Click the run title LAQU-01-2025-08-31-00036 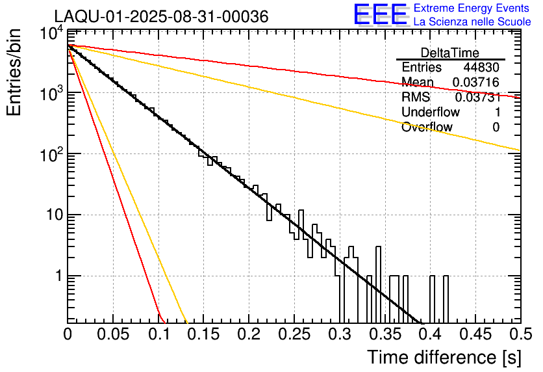pyautogui.click(x=161, y=17)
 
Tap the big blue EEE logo pyautogui.click(x=380, y=15)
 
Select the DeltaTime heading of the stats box pyautogui.click(x=450, y=53)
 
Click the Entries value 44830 pyautogui.click(x=481, y=68)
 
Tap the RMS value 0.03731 pyautogui.click(x=477, y=98)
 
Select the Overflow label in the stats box pyautogui.click(x=427, y=127)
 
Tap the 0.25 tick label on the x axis pyautogui.click(x=294, y=335)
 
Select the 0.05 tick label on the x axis pyautogui.click(x=113, y=335)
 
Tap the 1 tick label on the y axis pyautogui.click(x=57, y=276)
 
